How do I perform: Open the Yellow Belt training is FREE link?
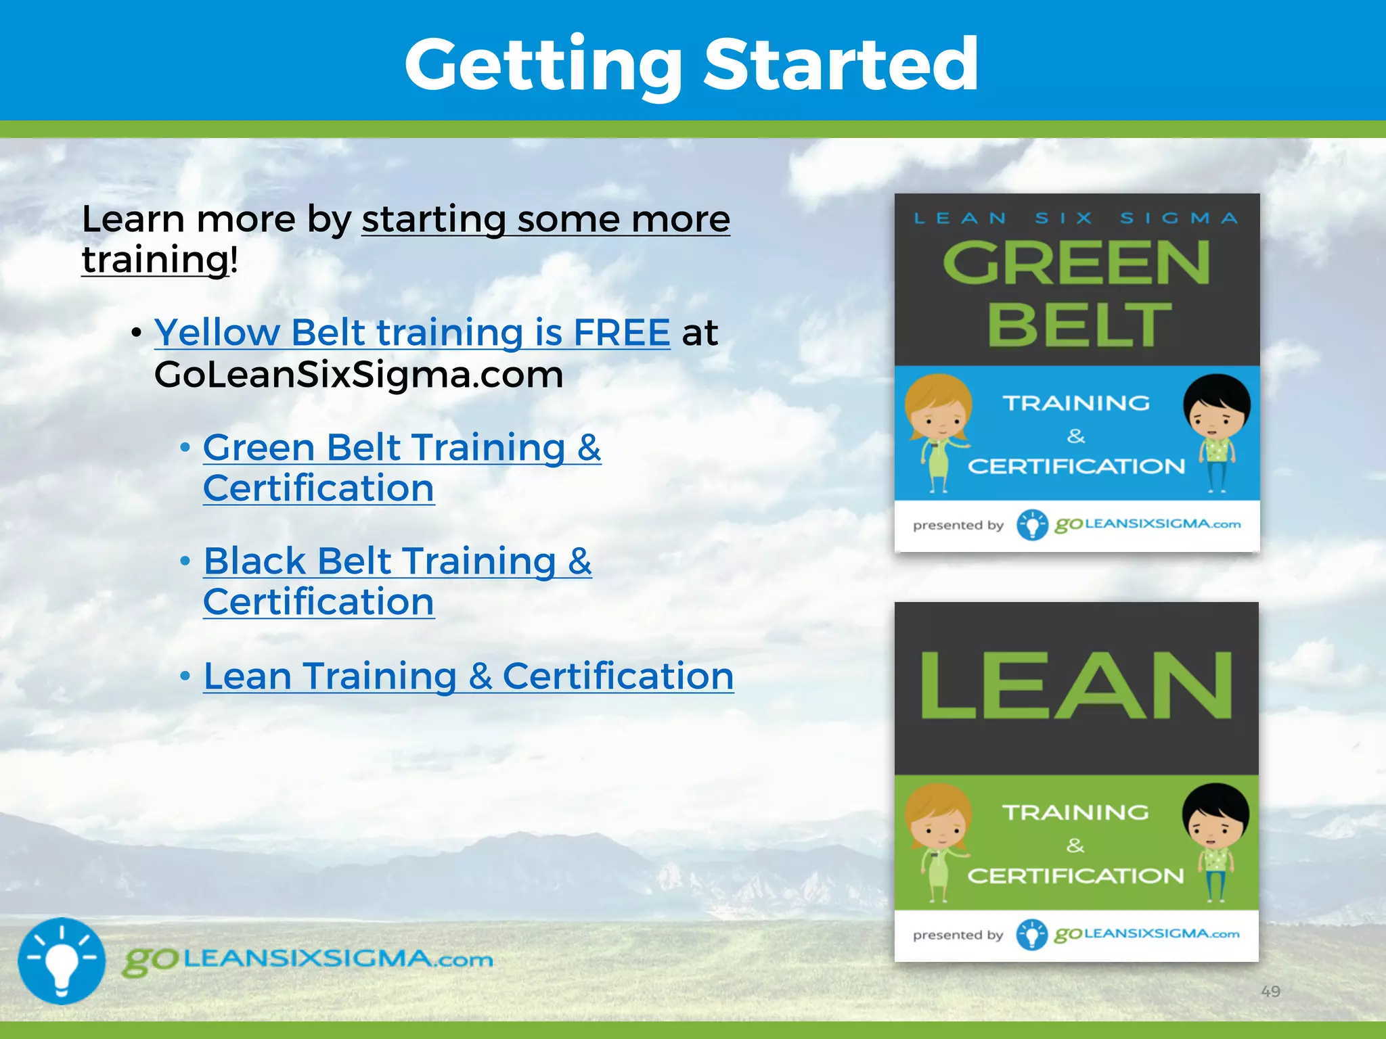coord(412,333)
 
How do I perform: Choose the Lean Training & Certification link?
coord(468,676)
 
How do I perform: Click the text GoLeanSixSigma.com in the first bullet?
coord(359,375)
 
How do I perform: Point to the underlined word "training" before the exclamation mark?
coord(155,260)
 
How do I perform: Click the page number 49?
coord(1270,991)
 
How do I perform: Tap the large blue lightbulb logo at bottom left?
coord(62,961)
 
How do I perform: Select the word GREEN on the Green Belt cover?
coord(1076,263)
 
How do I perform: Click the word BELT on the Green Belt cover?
coord(1079,325)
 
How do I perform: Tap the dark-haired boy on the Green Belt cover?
coord(1217,430)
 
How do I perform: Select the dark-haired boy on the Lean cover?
coord(1215,839)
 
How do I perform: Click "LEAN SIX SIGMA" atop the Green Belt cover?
coord(1076,218)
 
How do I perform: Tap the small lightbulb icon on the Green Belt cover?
coord(1032,525)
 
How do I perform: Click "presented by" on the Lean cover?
coord(958,935)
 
